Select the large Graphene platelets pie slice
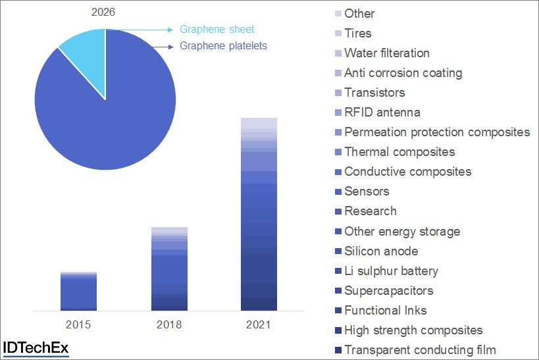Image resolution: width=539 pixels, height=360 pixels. coord(105,112)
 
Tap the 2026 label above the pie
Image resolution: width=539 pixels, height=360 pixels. coord(102,12)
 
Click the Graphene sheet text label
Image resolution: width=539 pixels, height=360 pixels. coord(217,30)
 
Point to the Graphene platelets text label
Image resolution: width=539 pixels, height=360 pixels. coord(223,46)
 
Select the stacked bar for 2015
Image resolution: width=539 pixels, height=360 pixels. coord(78,291)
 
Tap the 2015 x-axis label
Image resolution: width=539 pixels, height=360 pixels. coord(78,324)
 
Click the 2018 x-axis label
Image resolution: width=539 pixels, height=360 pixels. coord(169,324)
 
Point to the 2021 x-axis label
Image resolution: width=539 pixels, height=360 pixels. coord(259,324)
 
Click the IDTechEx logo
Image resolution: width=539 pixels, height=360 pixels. coord(36,348)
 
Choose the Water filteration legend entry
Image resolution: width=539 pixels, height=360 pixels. coord(386,53)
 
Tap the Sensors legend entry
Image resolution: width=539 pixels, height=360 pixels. coord(367,192)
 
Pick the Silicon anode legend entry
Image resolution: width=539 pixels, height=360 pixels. coord(381,251)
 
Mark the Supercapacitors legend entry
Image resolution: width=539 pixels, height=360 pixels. coord(388,290)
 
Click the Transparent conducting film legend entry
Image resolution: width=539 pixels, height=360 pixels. coord(420,349)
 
